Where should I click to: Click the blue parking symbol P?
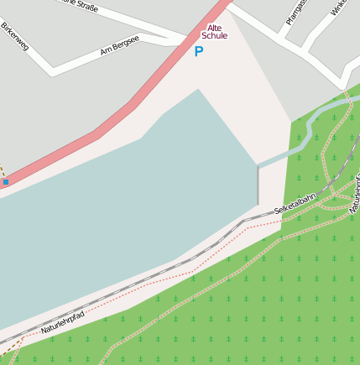tap(199, 52)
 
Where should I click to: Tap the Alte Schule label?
tap(215, 32)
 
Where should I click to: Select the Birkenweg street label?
tap(15, 35)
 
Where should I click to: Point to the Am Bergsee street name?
tap(118, 50)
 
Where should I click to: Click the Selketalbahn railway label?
tap(295, 201)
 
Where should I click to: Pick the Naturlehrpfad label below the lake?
tap(63, 322)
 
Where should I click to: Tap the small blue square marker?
tap(5, 181)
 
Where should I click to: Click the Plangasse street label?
tap(294, 12)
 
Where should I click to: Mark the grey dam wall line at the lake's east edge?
tap(258, 185)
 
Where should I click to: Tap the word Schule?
tap(215, 36)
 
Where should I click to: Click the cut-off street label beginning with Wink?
tap(339, 8)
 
